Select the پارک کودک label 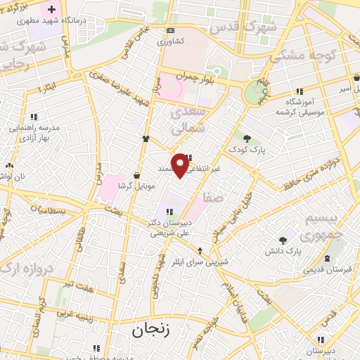coord(245,150)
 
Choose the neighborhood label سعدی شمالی coord(189,120)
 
